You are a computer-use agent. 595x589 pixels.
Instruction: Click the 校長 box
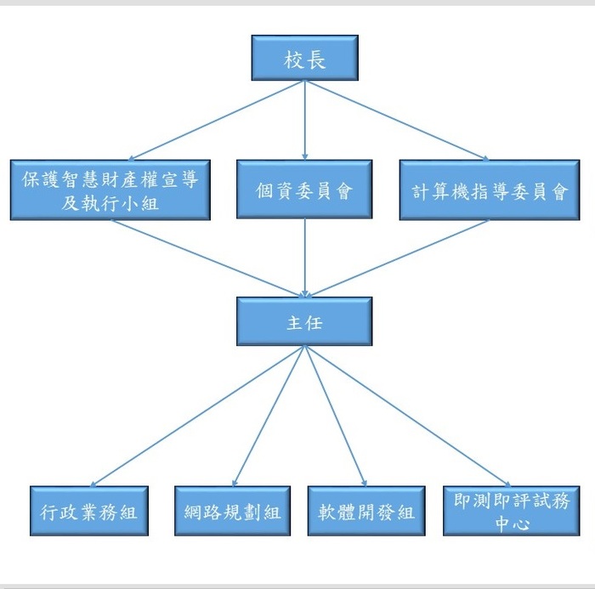coord(304,59)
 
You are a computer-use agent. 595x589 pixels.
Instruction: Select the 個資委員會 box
coord(304,190)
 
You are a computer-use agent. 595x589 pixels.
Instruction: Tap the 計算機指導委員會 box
coord(489,190)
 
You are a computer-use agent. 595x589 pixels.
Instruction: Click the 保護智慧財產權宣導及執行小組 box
coord(110,190)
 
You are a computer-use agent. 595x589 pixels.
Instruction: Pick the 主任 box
coord(304,321)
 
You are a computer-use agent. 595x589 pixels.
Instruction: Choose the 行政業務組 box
coord(89,511)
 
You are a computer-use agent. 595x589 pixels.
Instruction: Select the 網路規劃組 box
coord(232,511)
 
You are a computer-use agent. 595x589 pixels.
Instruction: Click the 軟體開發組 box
coord(366,511)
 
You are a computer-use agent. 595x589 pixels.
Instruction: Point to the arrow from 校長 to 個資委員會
coord(304,119)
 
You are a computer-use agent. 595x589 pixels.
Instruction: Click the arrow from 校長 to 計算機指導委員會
coord(396,120)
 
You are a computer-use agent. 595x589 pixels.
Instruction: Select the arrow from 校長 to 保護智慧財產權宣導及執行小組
coord(207,120)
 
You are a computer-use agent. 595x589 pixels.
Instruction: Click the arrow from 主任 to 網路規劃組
coord(269,416)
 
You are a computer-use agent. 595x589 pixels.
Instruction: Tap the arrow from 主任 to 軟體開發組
coord(335,416)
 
